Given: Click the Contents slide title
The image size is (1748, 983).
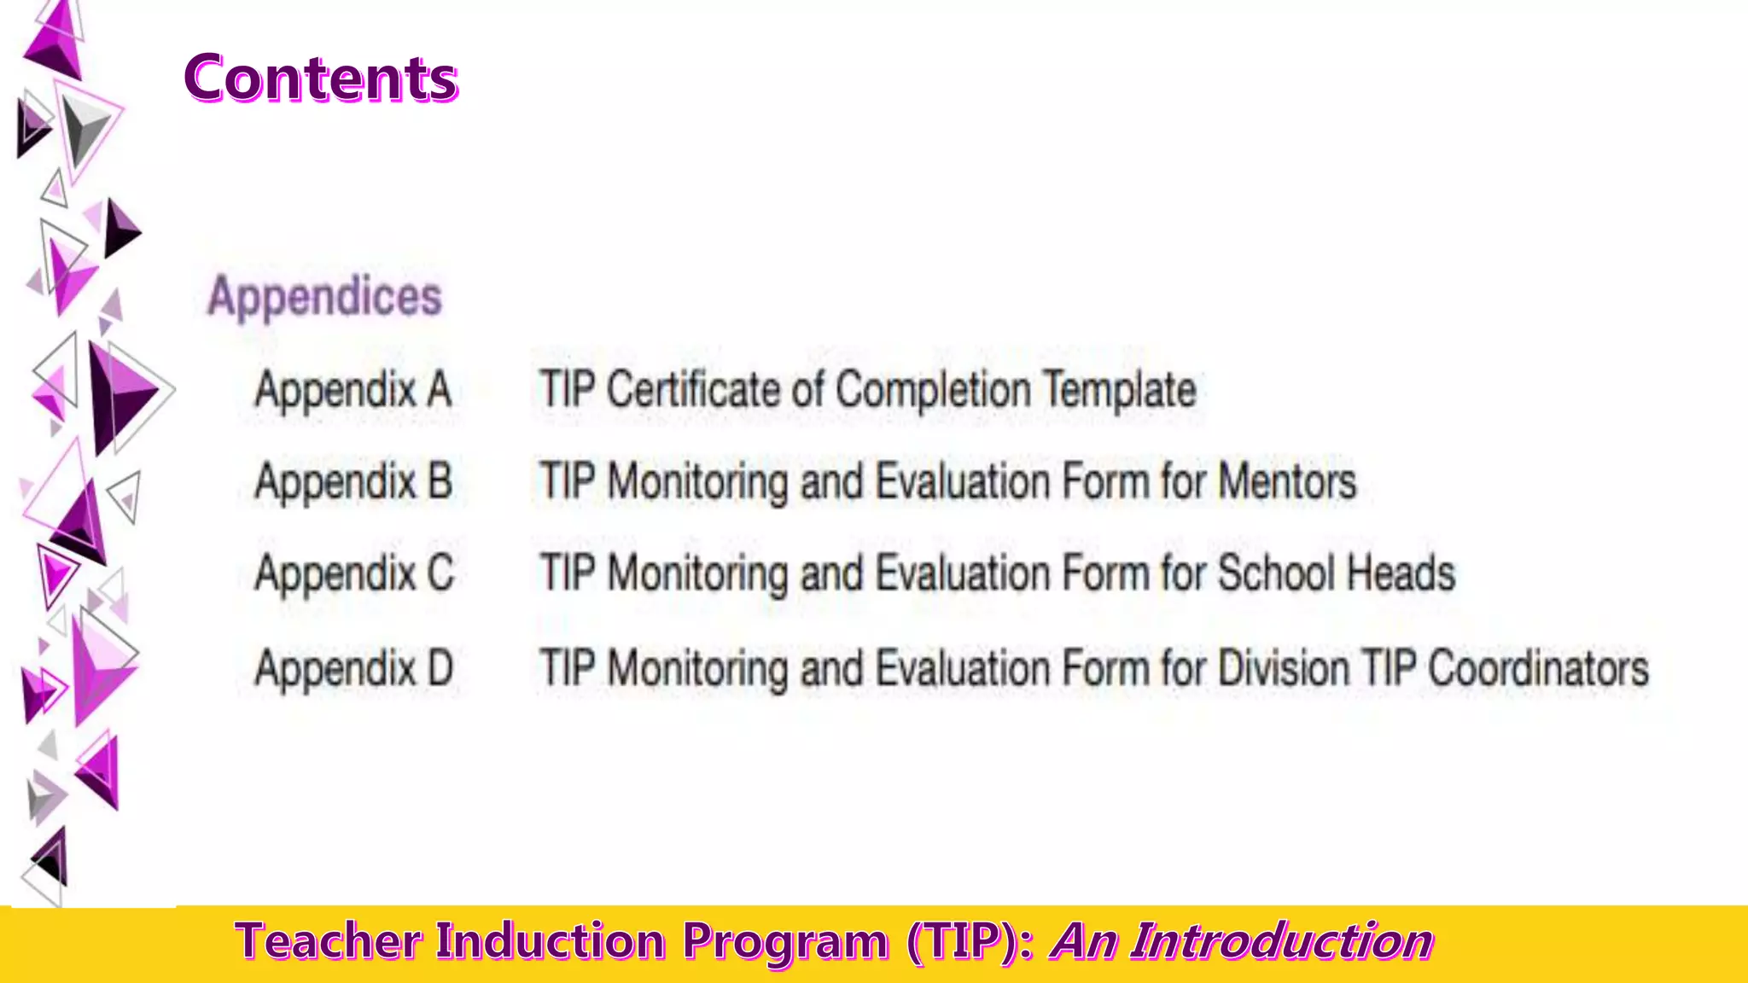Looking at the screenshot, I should tap(321, 79).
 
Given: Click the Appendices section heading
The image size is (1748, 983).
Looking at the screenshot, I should tap(325, 297).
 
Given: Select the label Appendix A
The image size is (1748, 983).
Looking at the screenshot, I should tap(353, 391).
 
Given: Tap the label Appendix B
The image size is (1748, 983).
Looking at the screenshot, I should tap(353, 481).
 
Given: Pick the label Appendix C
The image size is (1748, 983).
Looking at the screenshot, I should tap(355, 573).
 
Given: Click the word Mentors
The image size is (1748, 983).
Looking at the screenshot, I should tap(1287, 481).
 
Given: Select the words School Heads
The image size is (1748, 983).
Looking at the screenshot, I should tap(1337, 573).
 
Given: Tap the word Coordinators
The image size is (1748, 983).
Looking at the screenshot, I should tap(1539, 668).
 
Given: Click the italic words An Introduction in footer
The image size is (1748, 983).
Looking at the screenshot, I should tap(1243, 942).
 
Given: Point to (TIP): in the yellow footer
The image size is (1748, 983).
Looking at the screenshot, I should tap(970, 942).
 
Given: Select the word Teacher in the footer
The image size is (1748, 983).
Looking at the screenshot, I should tap(329, 942).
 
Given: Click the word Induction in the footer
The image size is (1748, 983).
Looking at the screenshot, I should tap(551, 942).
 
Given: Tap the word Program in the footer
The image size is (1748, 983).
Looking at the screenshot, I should tap(785, 942).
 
